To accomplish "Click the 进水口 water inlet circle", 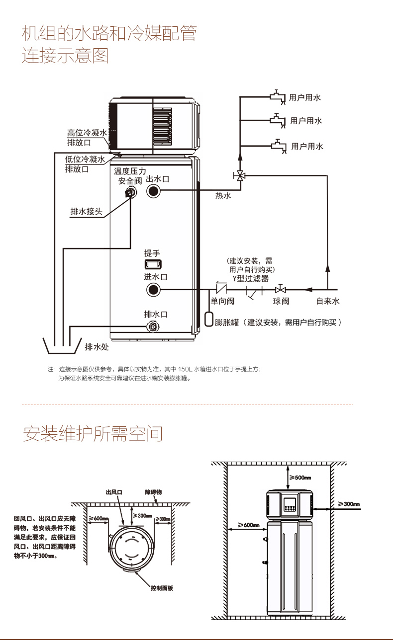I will (x=153, y=290).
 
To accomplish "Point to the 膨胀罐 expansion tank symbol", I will (x=209, y=319).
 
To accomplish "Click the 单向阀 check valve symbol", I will (x=220, y=288).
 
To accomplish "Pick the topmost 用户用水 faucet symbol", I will (x=277, y=96).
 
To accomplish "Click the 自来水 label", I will (x=328, y=301).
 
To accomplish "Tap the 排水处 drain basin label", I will (x=97, y=347).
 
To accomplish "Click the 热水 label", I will (x=223, y=196).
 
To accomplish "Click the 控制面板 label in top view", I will (x=162, y=588).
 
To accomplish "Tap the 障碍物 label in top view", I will (x=153, y=492).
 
